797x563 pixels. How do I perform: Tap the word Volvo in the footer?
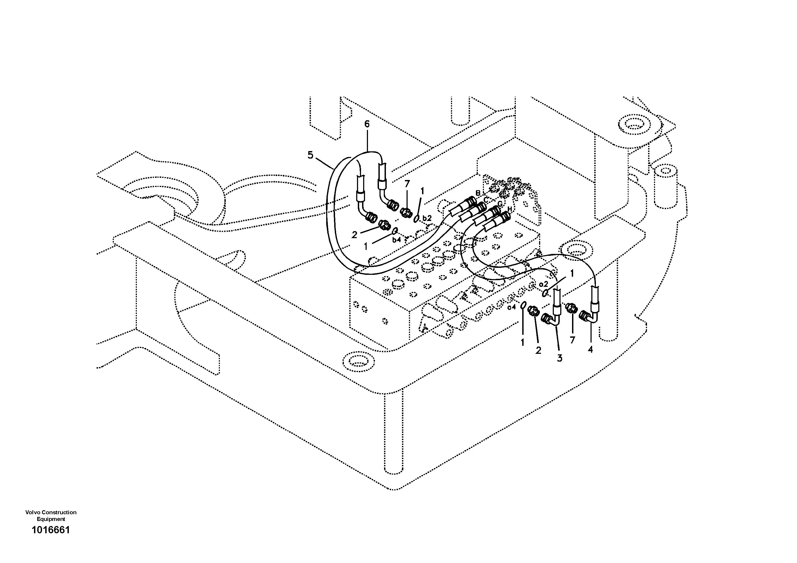click(32, 512)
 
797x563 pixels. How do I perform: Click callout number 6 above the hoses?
click(367, 124)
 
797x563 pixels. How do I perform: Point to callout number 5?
click(310, 155)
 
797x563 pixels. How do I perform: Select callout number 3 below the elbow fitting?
click(559, 358)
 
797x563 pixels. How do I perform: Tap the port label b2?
click(427, 218)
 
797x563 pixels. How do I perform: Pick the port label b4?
click(396, 239)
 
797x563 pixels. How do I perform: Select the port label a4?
click(512, 307)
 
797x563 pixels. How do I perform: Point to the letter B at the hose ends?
click(478, 193)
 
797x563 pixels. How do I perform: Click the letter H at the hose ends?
click(510, 209)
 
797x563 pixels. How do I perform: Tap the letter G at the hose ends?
click(500, 204)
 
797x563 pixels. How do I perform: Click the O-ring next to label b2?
click(416, 218)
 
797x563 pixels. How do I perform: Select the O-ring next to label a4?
click(523, 306)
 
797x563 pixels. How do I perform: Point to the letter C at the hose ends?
click(486, 199)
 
